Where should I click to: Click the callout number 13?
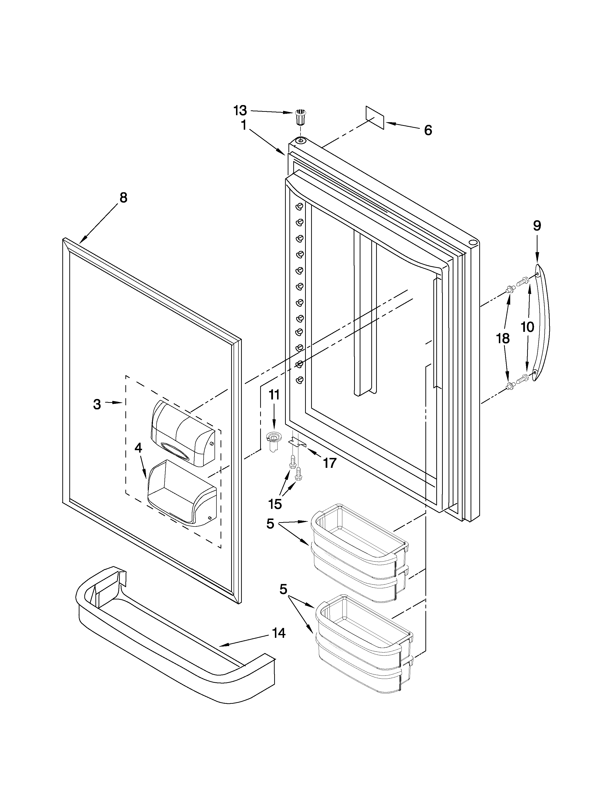point(240,110)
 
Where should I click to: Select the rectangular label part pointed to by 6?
point(375,118)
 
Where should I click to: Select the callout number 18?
point(503,338)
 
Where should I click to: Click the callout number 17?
point(329,463)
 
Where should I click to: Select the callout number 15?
point(275,504)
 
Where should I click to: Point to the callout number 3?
point(97,404)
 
